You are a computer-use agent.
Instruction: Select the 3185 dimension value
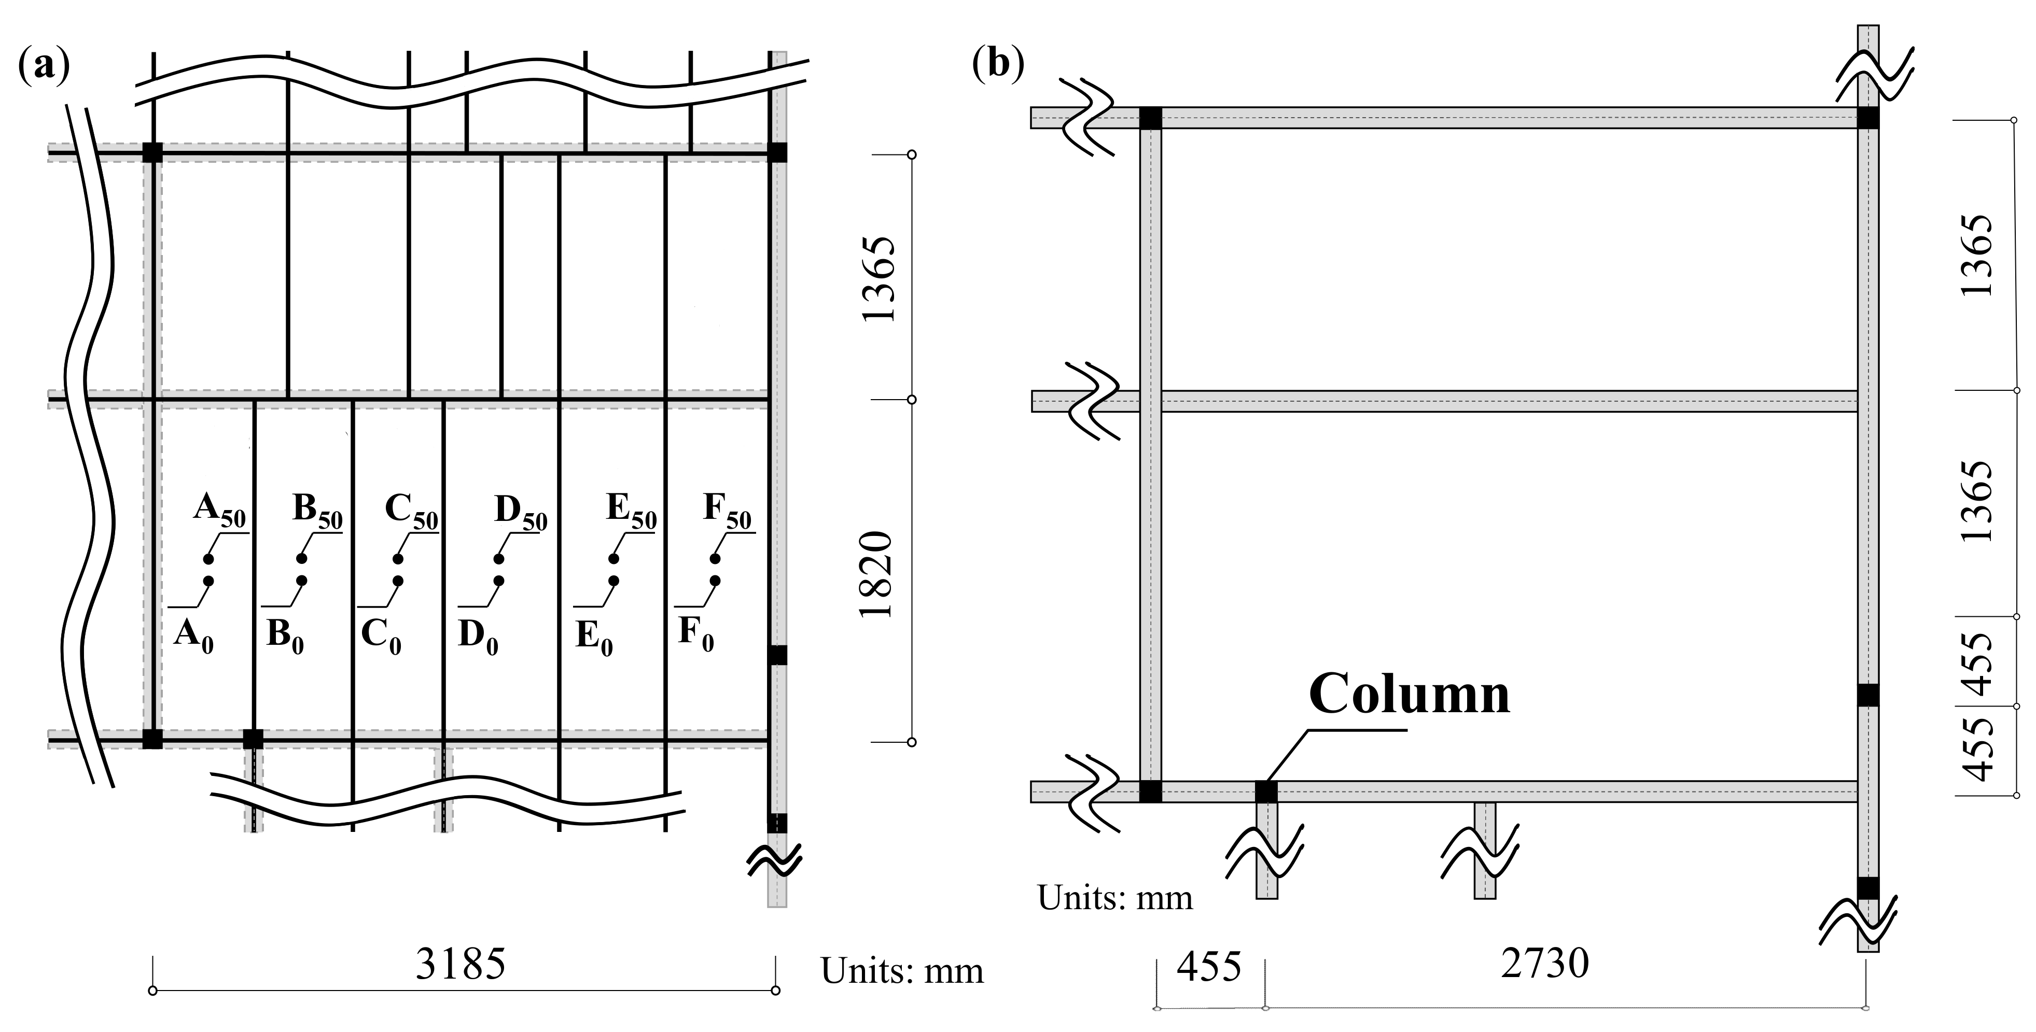tap(461, 964)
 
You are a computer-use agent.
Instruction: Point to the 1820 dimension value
tap(878, 574)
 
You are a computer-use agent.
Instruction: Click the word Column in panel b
tap(1409, 695)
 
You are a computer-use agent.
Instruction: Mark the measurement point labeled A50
tap(208, 559)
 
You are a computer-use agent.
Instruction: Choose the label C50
tap(411, 511)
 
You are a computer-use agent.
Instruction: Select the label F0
tap(695, 634)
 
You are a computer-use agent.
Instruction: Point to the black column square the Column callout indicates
tap(1266, 791)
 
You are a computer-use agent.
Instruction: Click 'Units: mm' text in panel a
tap(902, 970)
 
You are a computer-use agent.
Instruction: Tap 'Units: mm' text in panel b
tap(1114, 898)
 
